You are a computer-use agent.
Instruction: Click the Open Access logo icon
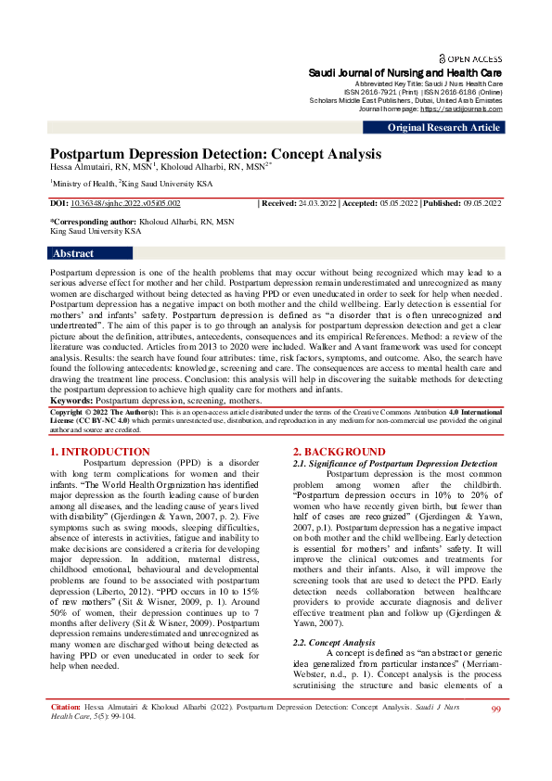pos(443,58)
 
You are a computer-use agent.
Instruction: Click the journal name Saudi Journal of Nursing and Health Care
pos(405,72)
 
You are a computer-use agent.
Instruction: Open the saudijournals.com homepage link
pos(461,109)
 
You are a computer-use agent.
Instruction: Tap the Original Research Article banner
pos(443,128)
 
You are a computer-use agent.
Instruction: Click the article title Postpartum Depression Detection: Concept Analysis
pos(215,154)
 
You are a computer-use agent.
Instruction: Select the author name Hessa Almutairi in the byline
pos(82,167)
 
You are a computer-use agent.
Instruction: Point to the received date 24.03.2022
pos(318,202)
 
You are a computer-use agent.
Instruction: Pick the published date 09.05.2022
pos(481,202)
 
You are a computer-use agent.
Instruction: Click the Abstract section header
pos(73,253)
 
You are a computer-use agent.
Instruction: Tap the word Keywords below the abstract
pos(72,400)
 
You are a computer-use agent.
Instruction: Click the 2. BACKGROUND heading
pos(339,452)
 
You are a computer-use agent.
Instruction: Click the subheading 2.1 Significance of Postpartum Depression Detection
pos(395,463)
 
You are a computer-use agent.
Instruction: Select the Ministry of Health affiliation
pos(82,184)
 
